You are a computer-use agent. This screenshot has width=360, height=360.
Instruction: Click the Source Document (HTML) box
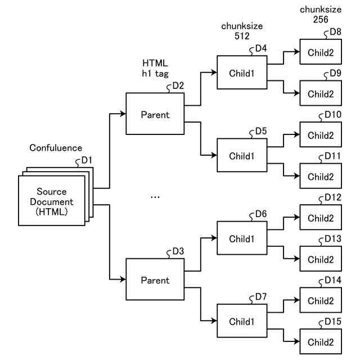[51, 201]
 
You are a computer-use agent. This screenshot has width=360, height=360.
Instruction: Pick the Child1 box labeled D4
[242, 73]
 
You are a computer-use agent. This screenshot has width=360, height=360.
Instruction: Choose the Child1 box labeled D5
[242, 155]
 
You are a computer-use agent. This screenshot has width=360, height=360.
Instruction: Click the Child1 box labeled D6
[242, 238]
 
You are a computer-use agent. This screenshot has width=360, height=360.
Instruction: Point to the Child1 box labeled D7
[242, 321]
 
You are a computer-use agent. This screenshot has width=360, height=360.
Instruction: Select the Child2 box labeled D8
[320, 52]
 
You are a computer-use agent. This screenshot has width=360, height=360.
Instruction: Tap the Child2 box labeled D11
[320, 177]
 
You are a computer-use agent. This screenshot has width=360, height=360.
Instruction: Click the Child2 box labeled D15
[320, 342]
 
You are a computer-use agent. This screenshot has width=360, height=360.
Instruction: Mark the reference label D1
[86, 160]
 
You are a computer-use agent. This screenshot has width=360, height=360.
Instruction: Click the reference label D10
[332, 114]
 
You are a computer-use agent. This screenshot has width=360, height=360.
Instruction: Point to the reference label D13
[332, 238]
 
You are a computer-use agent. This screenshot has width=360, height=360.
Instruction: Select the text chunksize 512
[242, 30]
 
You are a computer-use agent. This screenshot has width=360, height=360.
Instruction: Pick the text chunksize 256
[320, 14]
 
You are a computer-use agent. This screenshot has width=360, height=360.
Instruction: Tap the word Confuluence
[56, 148]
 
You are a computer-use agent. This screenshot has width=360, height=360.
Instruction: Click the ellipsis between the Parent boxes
[155, 197]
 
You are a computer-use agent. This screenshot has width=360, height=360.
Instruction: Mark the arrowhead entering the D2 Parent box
[123, 114]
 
